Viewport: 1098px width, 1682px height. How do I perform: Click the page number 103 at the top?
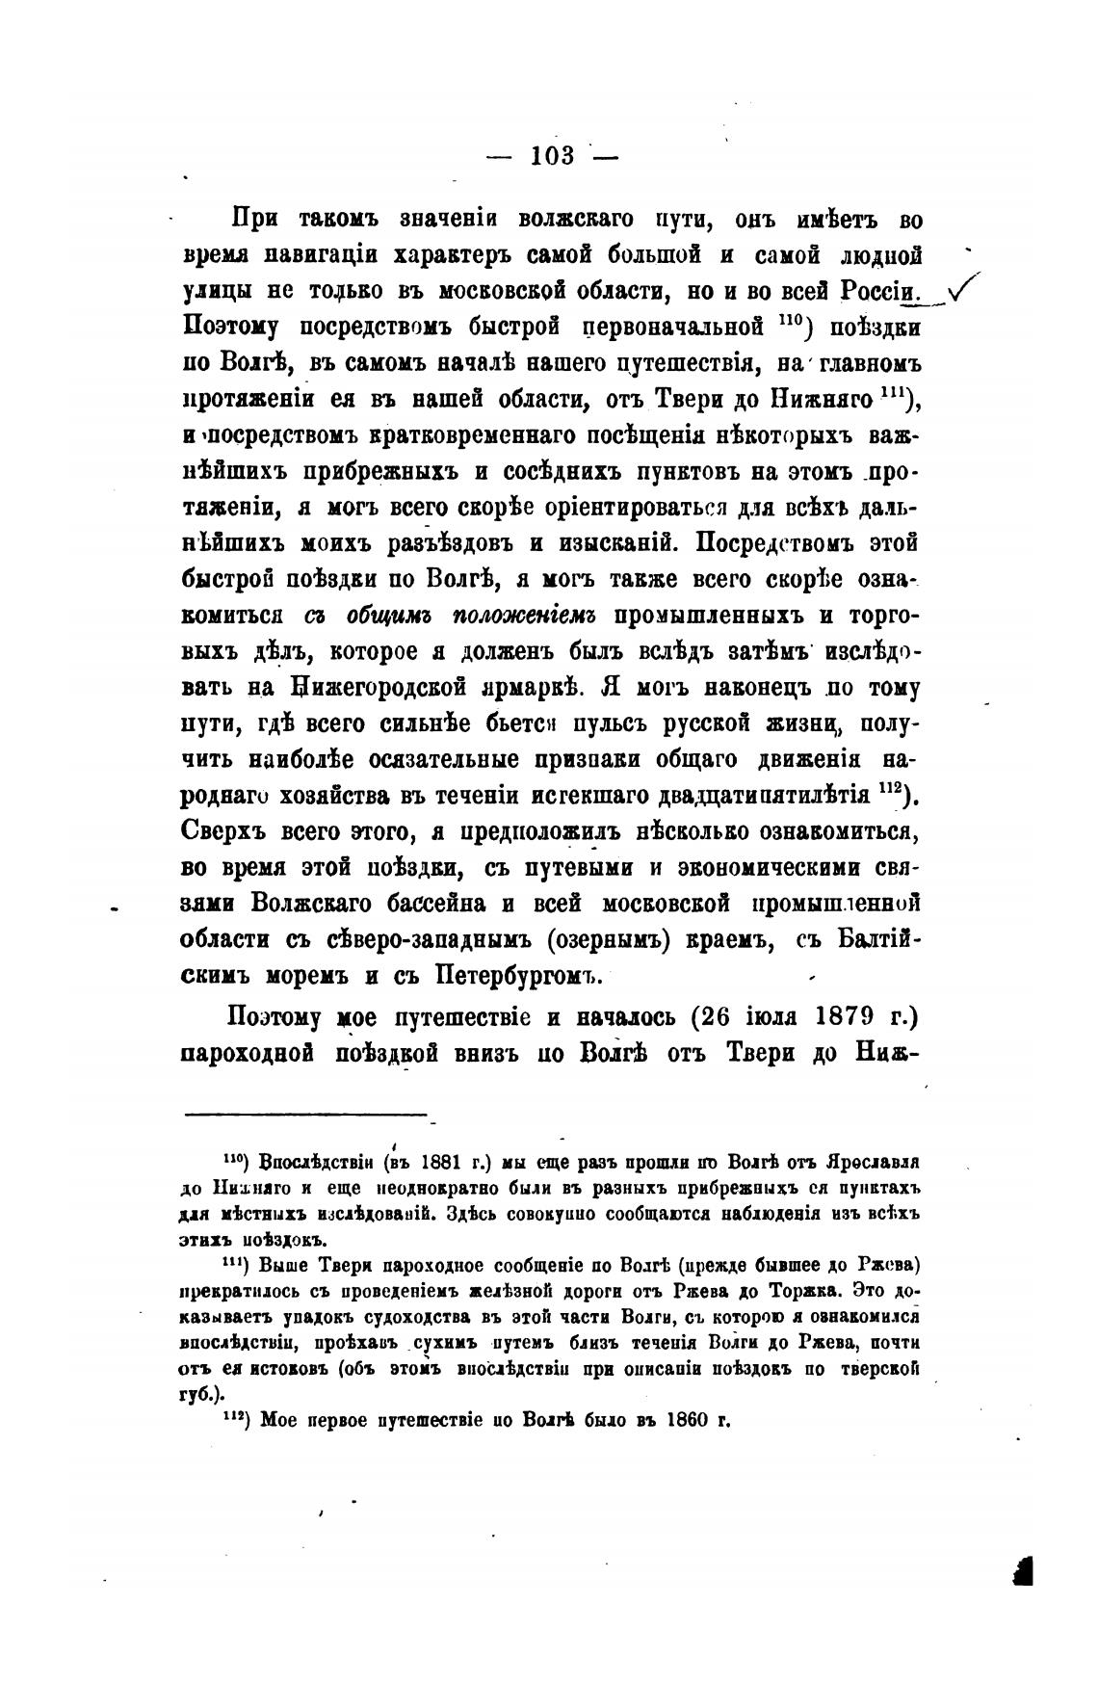point(552,155)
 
